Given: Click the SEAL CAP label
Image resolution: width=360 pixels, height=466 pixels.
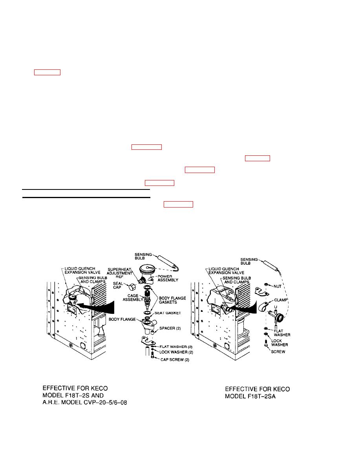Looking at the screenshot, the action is [x=118, y=285].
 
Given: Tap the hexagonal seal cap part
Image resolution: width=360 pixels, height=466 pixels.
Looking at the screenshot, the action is [x=132, y=288].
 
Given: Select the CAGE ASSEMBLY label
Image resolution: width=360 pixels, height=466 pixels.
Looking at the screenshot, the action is [x=133, y=297].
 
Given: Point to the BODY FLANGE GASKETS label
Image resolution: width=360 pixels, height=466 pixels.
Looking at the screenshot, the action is [x=172, y=300].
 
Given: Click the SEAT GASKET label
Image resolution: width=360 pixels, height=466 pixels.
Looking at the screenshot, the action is [x=168, y=313].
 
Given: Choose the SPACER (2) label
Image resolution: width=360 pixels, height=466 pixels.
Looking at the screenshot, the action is [x=170, y=328].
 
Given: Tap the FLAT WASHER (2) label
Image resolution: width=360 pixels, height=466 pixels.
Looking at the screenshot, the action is [x=176, y=347].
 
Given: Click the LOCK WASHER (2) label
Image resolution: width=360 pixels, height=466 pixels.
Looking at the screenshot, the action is [x=176, y=352].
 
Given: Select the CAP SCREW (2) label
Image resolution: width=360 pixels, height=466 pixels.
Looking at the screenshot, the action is [x=175, y=360].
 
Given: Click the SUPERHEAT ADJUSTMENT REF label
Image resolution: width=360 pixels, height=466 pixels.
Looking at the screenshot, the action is [x=119, y=273].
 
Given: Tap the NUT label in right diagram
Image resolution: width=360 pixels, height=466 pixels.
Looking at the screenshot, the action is [x=277, y=286].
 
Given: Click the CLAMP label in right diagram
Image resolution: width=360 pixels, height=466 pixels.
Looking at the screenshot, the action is [x=281, y=300].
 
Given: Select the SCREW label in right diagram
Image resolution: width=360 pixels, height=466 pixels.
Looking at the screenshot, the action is [x=278, y=351].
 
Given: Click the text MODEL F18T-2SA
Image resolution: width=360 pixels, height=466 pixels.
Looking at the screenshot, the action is [x=250, y=397].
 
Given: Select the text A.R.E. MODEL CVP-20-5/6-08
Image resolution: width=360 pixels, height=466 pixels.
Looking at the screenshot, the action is [x=85, y=403].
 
